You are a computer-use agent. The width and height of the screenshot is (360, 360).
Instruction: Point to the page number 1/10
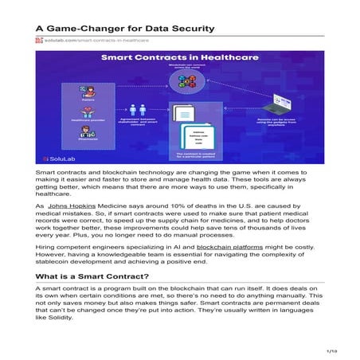tap(331, 349)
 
